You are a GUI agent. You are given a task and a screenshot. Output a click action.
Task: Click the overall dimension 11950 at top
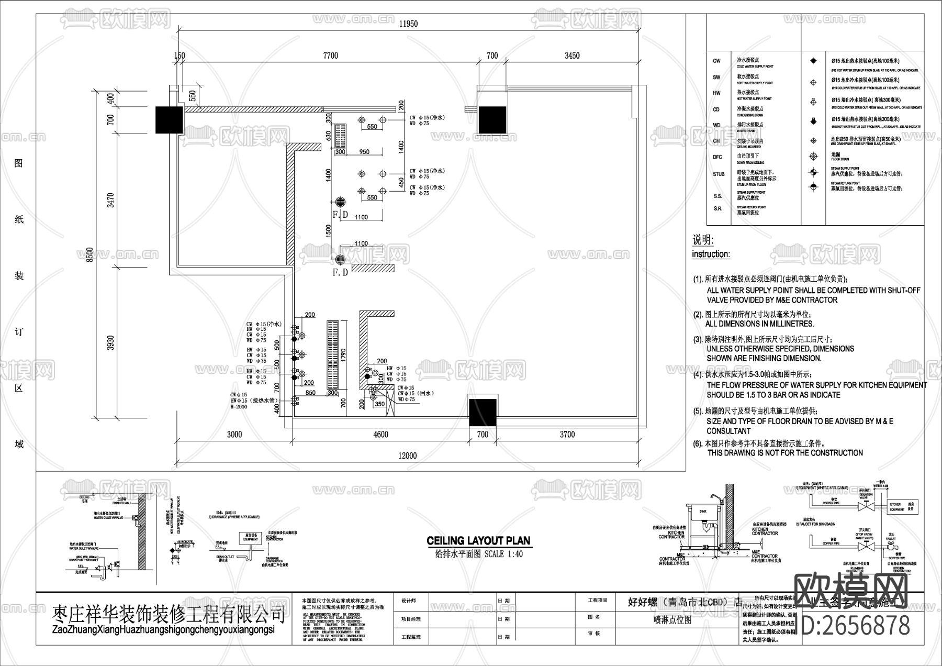coord(408,24)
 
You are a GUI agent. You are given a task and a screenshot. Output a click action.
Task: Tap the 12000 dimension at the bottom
coord(407,456)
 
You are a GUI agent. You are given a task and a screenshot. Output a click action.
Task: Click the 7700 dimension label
coord(330,56)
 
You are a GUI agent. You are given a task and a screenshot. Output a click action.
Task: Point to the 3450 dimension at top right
coord(572,56)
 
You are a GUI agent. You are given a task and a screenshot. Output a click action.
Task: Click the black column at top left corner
coord(169,120)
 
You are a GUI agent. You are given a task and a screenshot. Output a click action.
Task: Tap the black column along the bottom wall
coord(482,412)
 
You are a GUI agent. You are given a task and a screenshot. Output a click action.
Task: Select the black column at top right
coord(492,119)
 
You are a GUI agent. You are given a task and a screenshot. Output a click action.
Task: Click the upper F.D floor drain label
coord(340,215)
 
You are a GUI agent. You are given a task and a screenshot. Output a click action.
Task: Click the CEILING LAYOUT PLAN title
coord(478,541)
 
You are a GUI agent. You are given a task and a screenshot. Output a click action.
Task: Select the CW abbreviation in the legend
coord(716,61)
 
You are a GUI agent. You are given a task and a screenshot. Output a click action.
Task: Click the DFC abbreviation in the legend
coord(717,157)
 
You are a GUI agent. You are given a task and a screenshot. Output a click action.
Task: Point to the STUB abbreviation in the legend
coord(719,174)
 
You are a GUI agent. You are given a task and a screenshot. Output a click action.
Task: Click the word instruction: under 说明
coord(711,254)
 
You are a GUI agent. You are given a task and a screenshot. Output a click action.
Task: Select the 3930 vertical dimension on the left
coord(110,343)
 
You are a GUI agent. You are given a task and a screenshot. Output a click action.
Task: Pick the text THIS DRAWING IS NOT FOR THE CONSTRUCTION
coord(785,453)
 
